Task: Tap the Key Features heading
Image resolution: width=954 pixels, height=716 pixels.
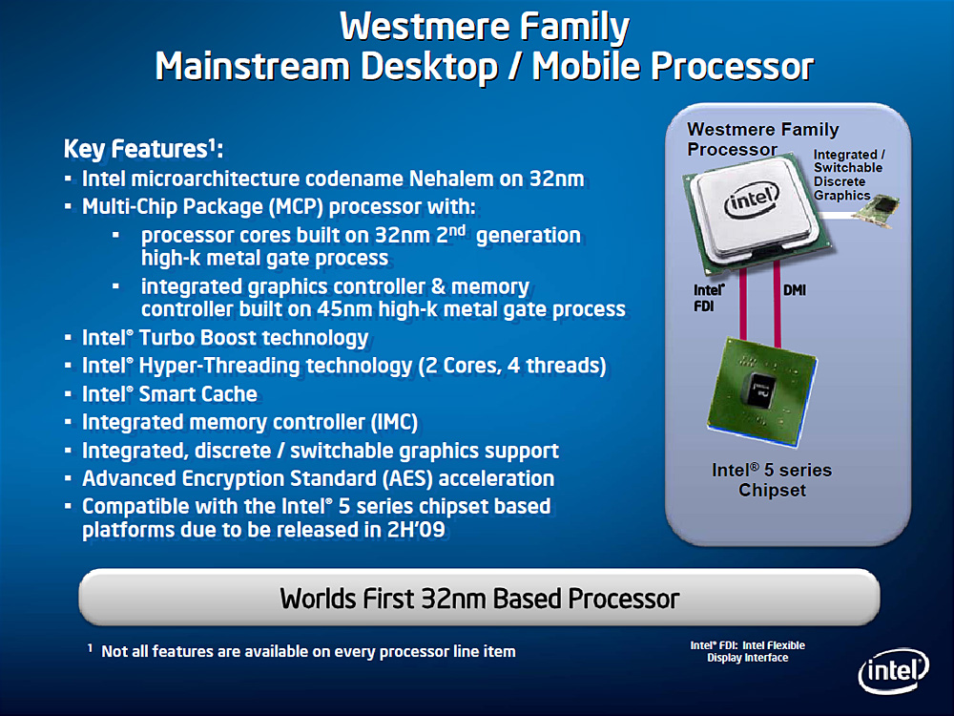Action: point(144,149)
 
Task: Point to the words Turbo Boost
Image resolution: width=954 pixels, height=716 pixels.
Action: point(197,337)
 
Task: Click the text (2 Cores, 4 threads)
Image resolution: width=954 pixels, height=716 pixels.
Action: point(512,366)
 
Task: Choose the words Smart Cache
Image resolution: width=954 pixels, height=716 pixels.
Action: point(197,394)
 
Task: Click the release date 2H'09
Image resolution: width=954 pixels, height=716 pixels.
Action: point(416,529)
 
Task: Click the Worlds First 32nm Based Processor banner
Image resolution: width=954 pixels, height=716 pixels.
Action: point(479,598)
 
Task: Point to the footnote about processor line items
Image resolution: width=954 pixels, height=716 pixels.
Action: point(301,651)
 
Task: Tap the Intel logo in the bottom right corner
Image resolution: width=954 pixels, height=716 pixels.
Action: point(894,671)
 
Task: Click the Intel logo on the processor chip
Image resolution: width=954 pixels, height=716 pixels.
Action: point(752,200)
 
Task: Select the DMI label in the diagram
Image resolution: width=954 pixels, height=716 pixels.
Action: point(795,290)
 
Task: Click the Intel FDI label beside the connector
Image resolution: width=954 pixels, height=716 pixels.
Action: point(709,298)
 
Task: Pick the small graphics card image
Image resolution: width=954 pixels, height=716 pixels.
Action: point(877,211)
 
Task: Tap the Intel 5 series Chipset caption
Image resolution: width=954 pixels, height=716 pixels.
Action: point(772,480)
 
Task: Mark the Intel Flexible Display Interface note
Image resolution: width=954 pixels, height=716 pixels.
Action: point(747,651)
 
